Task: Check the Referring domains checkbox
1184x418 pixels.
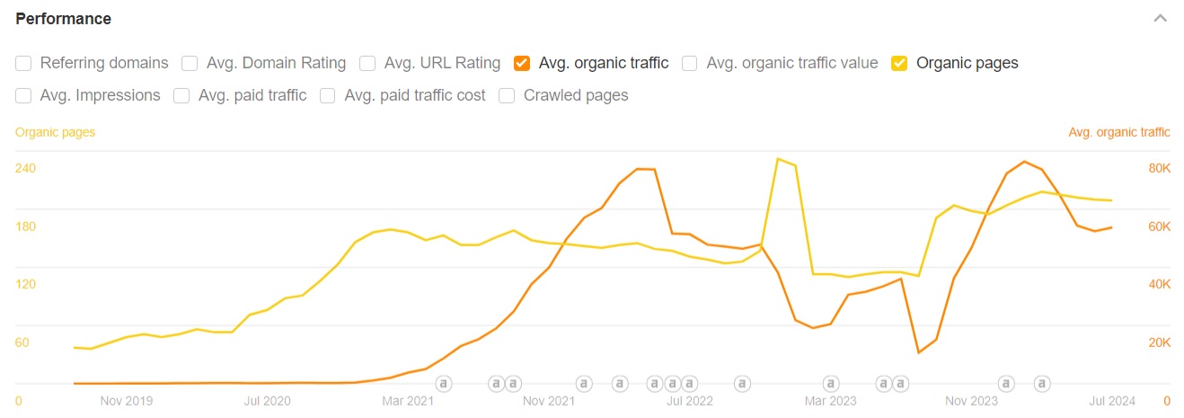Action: (x=23, y=63)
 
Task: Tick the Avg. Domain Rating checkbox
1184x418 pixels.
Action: (x=190, y=63)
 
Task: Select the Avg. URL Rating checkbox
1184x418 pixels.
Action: (x=367, y=63)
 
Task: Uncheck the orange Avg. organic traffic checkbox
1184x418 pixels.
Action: (x=522, y=63)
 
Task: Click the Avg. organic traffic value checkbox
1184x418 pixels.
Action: (x=690, y=63)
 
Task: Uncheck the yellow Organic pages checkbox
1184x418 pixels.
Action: (x=899, y=63)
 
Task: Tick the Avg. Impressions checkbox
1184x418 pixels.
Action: (x=23, y=95)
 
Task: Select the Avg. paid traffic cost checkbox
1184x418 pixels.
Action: (x=328, y=95)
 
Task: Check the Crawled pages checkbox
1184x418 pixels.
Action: (x=507, y=95)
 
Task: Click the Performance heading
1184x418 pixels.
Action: (x=63, y=19)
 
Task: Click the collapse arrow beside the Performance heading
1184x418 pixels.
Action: (x=1161, y=19)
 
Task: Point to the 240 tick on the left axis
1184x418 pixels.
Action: (x=25, y=168)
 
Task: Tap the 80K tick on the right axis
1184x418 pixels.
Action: (x=1159, y=168)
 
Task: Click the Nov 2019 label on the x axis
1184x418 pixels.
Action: (x=127, y=401)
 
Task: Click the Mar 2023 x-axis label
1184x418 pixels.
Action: (x=831, y=401)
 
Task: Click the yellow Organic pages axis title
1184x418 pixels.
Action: (x=55, y=132)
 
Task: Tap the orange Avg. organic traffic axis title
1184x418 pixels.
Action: (x=1119, y=132)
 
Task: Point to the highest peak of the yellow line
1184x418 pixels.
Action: (x=778, y=159)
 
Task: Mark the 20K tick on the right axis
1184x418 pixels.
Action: (x=1159, y=342)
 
